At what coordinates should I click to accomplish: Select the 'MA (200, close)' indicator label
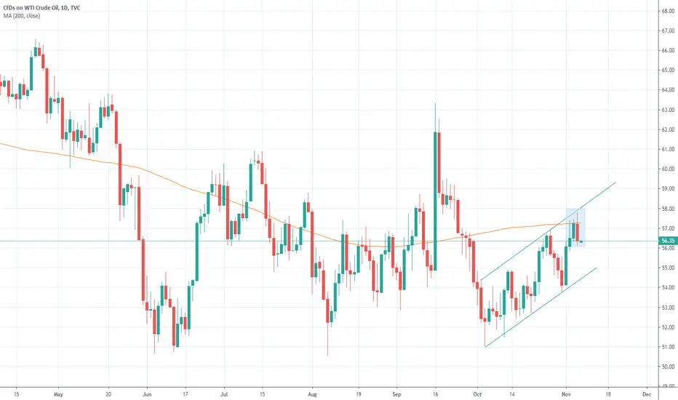[x=22, y=16]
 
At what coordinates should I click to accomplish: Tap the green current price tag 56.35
[x=668, y=241]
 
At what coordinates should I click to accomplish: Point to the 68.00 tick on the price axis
[x=668, y=11]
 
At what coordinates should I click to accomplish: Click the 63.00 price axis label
[x=668, y=110]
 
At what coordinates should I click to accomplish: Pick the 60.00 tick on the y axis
[x=668, y=169]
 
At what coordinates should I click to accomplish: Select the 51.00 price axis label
[x=668, y=347]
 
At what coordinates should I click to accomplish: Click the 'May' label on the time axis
[x=58, y=394]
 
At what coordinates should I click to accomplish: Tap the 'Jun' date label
[x=147, y=394]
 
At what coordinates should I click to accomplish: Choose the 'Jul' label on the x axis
[x=224, y=394]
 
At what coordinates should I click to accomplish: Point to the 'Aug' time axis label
[x=312, y=394]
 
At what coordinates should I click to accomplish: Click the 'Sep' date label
[x=396, y=394]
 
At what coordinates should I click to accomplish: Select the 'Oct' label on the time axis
[x=477, y=394]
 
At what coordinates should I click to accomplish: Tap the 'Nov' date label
[x=566, y=394]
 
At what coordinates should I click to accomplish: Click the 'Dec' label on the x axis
[x=647, y=394]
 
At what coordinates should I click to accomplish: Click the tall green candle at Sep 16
[x=434, y=201]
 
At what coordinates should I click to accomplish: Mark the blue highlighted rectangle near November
[x=575, y=228]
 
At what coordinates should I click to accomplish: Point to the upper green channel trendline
[x=548, y=231]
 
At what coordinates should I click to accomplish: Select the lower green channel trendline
[x=541, y=308]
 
